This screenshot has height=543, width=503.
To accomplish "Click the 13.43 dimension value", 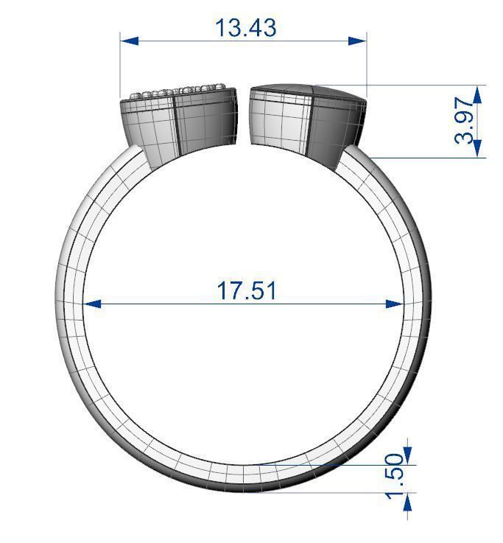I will coord(245,27).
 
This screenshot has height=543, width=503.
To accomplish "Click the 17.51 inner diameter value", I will coord(247,290).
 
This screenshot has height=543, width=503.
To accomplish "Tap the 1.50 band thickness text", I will coord(395,477).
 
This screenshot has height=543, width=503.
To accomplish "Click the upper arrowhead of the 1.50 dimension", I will coord(407,455).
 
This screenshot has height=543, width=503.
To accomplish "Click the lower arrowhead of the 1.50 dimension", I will coord(407,502).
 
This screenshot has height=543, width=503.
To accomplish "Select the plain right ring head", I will coord(308,123).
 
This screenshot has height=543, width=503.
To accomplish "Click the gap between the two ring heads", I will coord(245,118).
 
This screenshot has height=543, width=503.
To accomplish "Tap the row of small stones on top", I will coord(177,91).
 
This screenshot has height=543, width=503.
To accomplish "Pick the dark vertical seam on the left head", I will coord(175,125).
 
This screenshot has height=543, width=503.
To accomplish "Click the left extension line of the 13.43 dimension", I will coord(121,66).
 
